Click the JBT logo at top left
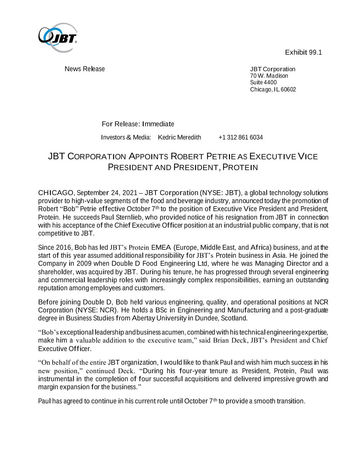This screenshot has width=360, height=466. click(x=58, y=37)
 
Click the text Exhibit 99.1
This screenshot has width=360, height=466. click(x=303, y=52)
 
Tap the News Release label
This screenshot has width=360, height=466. click(x=85, y=69)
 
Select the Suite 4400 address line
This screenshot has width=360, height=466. click(x=263, y=82)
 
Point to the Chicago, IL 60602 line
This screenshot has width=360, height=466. click(x=273, y=89)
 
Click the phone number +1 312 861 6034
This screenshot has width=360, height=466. click(x=241, y=137)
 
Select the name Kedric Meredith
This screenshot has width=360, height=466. click(x=179, y=137)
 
